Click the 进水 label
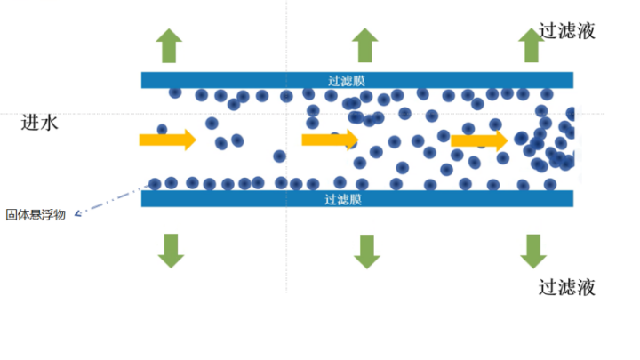pos(40,123)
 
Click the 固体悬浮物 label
pos(36,214)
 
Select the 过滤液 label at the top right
pos(567,31)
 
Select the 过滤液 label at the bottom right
pos(567,287)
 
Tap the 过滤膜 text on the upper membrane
pos(346,80)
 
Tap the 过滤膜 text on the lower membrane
pos(343,199)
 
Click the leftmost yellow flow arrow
pos(168,140)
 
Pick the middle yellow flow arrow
pos(330,140)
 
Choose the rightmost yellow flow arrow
pos(479,140)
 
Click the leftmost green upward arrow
pos(169,45)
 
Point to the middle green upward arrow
pos(365,45)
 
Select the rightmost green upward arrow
pos(531,45)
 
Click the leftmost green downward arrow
pos(171,251)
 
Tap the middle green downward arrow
pos(367,252)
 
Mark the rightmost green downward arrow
pos(533,252)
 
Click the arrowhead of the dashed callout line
pos(77,213)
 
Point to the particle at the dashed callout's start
pos(155,184)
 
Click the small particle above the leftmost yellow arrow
pos(162,130)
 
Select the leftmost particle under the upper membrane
pos(175,92)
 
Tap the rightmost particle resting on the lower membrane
pos(550,185)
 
